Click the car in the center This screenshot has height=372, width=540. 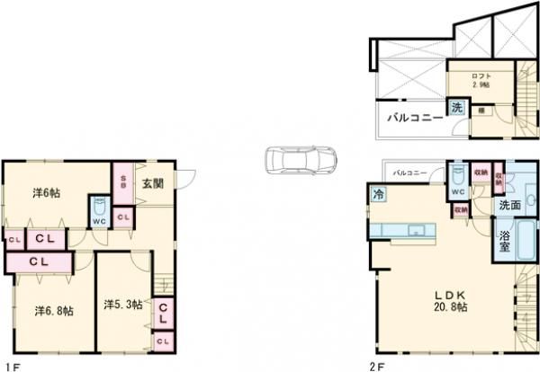[302, 162]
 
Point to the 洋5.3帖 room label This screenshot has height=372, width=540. [121, 305]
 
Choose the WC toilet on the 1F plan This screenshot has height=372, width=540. [99, 212]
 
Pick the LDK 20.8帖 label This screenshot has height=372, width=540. [448, 301]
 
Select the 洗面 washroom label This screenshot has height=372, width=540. [509, 206]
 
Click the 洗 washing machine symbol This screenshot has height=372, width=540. [456, 109]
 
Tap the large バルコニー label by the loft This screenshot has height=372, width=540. [414, 118]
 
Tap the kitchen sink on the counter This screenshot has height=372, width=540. [416, 231]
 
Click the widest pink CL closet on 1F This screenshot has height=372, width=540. [38, 261]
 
